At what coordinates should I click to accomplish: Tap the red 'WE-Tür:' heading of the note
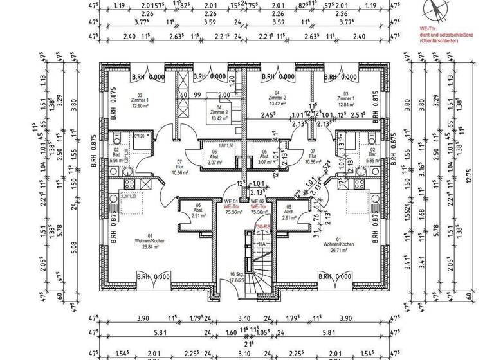coord(428,30)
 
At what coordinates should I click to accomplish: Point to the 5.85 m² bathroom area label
coord(372,160)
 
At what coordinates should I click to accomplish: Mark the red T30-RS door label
coord(262,227)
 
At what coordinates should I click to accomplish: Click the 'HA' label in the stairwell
coord(262,244)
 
